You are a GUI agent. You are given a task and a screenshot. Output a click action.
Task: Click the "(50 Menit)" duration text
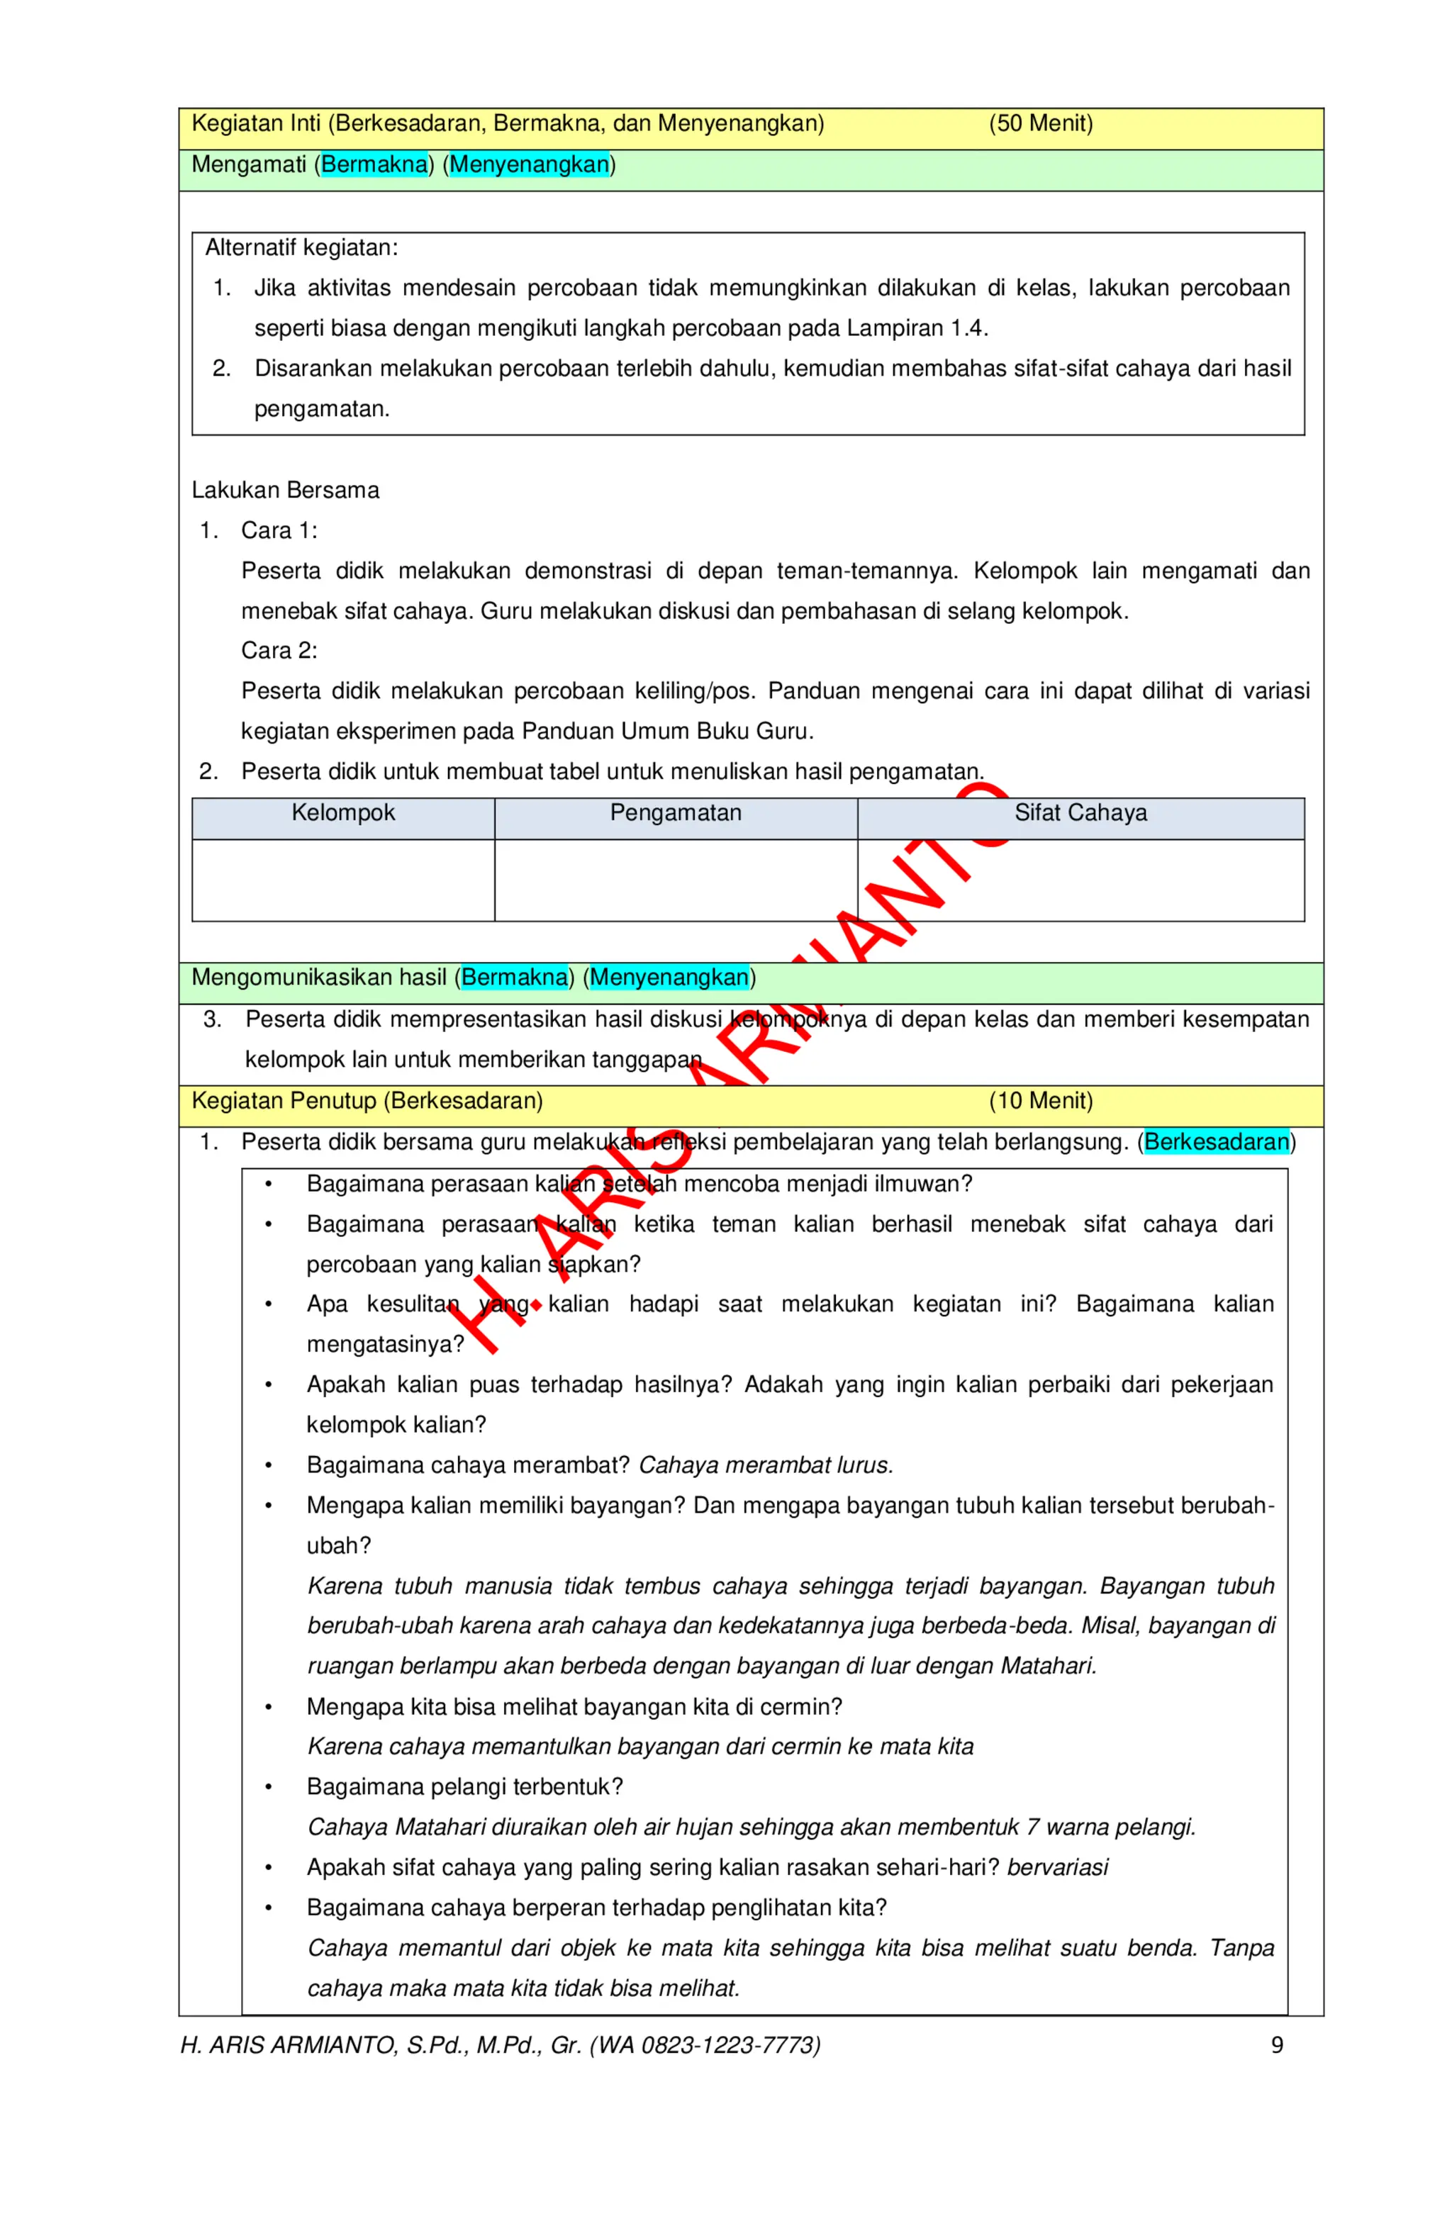[x=1040, y=123]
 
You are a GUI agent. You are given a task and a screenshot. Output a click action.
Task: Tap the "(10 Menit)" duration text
[x=1040, y=1101]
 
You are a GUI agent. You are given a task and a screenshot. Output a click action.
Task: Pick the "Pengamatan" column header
[x=675, y=812]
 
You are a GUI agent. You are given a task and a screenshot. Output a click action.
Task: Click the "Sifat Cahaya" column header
[x=1080, y=812]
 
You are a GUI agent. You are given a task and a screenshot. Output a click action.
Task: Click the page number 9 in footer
[x=1276, y=2045]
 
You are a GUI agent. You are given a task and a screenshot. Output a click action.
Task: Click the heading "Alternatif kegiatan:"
[x=301, y=248]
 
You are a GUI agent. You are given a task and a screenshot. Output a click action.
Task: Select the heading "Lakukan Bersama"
[x=286, y=491]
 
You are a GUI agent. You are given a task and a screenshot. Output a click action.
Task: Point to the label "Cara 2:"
[x=279, y=651]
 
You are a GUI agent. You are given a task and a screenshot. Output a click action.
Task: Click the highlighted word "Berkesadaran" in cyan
[x=1216, y=1142]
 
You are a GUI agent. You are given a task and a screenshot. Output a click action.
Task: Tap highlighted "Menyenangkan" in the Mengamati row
[x=529, y=164]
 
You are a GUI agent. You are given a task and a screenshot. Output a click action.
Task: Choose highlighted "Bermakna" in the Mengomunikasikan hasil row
[x=514, y=978]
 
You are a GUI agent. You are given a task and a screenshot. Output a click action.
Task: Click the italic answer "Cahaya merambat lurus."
[x=765, y=1465]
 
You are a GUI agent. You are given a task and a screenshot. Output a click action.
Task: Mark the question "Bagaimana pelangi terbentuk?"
[x=464, y=1787]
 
